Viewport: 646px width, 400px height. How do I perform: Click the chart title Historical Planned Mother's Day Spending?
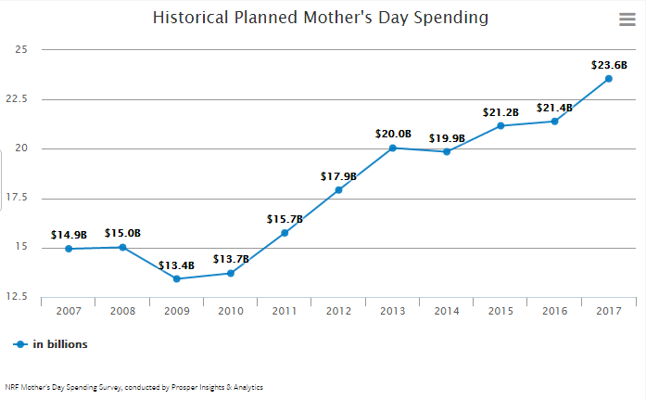tap(320, 18)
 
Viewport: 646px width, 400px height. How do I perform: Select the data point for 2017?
tap(609, 79)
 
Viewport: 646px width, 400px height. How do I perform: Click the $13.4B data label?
tap(176, 265)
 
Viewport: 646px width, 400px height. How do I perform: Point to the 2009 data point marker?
tap(176, 278)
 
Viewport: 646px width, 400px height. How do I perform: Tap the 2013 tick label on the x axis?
tap(392, 311)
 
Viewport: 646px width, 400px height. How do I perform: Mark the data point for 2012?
tap(338, 190)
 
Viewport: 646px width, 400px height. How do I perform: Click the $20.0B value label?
tap(393, 134)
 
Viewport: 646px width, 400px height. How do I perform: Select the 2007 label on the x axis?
tap(69, 311)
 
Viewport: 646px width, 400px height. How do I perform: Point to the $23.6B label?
tap(609, 65)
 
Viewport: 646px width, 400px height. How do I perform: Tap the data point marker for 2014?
tap(447, 151)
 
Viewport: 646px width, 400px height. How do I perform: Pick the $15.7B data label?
tap(285, 219)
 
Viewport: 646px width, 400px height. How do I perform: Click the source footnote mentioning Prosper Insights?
tap(133, 387)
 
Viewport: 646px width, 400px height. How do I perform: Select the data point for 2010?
tap(231, 273)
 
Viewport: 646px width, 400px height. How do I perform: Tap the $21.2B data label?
tap(500, 112)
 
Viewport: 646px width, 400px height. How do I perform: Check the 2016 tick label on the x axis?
tap(554, 311)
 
